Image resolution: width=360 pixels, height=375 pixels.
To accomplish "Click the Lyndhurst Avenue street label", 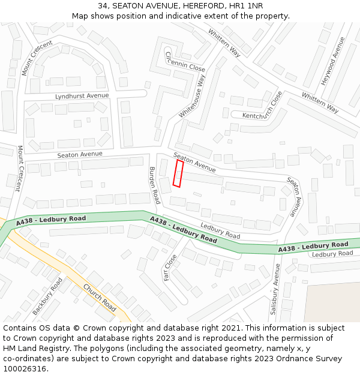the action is click(82, 96).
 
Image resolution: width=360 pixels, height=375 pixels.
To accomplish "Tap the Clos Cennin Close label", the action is click(177, 61).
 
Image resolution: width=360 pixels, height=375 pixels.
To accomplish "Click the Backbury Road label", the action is click(47, 296).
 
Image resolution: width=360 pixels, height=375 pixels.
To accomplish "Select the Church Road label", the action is click(100, 298).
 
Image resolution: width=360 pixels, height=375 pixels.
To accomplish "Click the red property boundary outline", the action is click(178, 173).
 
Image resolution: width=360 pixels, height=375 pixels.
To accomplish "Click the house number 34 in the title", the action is click(103, 5).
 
